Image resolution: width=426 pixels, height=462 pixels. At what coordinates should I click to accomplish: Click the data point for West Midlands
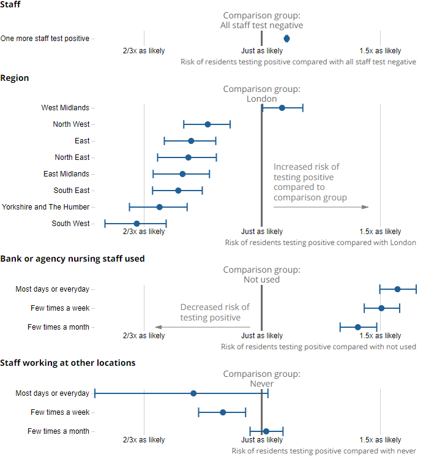pyautogui.click(x=282, y=108)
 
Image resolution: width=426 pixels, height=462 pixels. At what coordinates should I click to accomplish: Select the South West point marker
pyautogui.click(x=136, y=224)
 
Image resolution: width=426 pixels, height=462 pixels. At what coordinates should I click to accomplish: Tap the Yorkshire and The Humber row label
pyautogui.click(x=46, y=207)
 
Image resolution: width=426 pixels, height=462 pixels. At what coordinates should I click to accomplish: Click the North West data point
pyautogui.click(x=207, y=124)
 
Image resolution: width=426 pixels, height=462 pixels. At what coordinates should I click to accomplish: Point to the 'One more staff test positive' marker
pyautogui.click(x=286, y=39)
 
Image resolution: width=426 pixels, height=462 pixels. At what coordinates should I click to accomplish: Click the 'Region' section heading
pyautogui.click(x=15, y=78)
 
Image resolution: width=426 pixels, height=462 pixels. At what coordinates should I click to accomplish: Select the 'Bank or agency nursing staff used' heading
pyautogui.click(x=72, y=259)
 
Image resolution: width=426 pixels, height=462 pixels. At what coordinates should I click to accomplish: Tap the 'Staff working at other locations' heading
pyautogui.click(x=68, y=363)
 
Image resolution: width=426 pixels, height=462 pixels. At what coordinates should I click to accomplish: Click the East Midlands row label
pyautogui.click(x=66, y=174)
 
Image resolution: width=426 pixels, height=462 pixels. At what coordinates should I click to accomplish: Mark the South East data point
pyautogui.click(x=178, y=191)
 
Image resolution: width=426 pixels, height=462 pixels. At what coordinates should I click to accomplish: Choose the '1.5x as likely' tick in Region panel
pyautogui.click(x=380, y=232)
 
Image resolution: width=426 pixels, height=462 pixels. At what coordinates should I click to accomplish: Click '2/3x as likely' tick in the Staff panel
pyautogui.click(x=144, y=51)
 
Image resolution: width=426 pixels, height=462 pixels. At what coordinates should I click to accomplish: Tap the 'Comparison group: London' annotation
pyautogui.click(x=262, y=94)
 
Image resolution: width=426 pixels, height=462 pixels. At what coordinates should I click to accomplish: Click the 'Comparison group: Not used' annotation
pyautogui.click(x=262, y=275)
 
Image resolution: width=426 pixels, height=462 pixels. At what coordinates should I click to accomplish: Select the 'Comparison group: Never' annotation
pyautogui.click(x=262, y=379)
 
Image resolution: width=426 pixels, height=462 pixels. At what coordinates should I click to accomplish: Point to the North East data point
pyautogui.click(x=188, y=157)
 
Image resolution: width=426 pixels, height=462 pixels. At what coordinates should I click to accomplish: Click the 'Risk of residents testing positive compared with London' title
pyautogui.click(x=320, y=243)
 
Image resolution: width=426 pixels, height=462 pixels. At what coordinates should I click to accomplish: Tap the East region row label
pyautogui.click(x=82, y=141)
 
